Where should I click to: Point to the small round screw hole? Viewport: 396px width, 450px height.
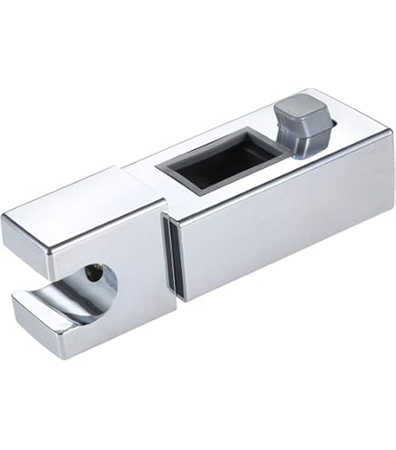click(x=94, y=269)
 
